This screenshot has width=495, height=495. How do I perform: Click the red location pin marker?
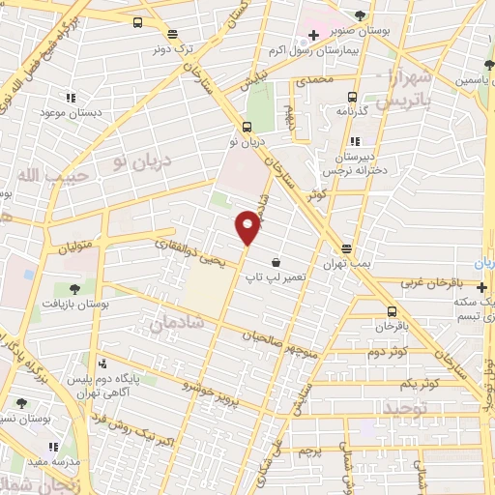(x=247, y=227)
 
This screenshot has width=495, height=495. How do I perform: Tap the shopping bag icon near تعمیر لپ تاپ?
(x=277, y=262)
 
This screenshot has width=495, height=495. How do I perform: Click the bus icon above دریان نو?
(x=247, y=127)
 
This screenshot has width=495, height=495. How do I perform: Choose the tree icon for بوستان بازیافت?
(x=73, y=288)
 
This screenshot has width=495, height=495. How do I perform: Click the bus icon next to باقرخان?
(x=391, y=311)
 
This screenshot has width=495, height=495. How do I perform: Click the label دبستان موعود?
(x=71, y=112)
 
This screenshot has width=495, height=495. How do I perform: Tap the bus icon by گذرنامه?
(x=351, y=97)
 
